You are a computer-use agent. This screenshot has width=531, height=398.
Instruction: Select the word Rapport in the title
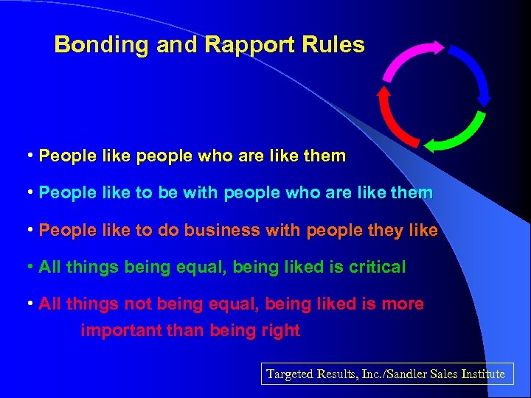[235, 46]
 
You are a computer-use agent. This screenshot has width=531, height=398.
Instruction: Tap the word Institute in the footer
[484, 374]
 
